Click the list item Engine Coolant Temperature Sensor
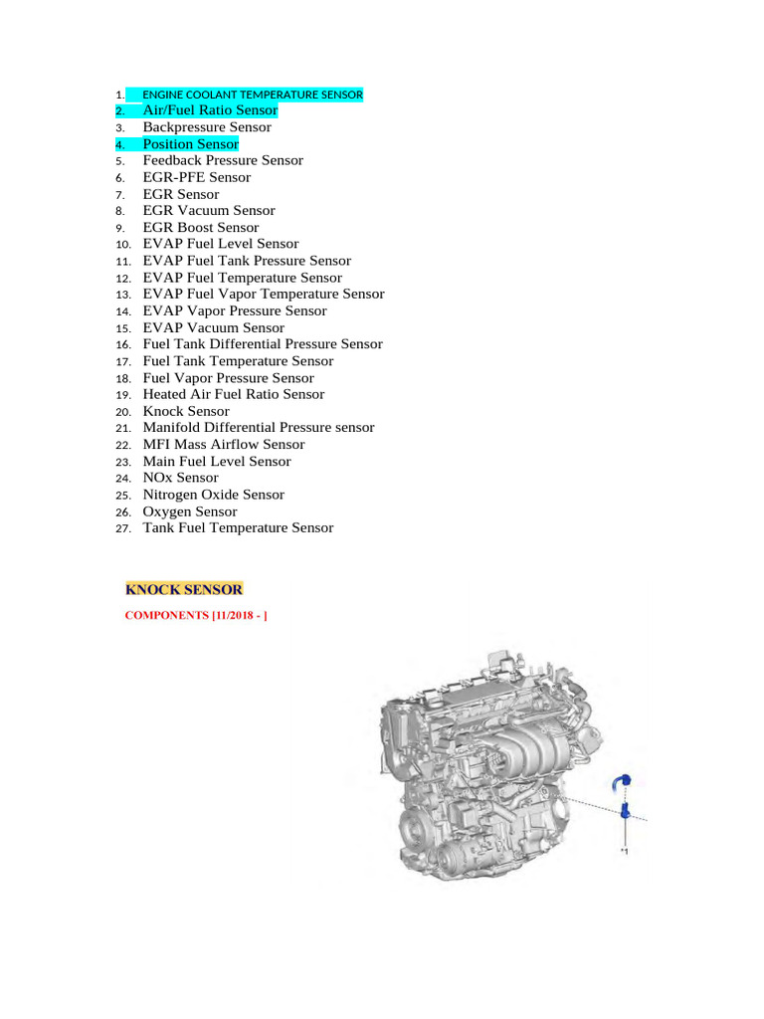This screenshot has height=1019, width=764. [x=253, y=95]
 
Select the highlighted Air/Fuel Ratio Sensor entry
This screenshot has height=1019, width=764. [x=210, y=110]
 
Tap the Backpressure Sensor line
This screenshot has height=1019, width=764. [x=207, y=127]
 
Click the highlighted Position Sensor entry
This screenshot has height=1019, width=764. [x=191, y=144]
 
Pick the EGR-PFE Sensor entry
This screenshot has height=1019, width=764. [x=197, y=177]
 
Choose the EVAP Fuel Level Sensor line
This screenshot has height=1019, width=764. [x=221, y=244]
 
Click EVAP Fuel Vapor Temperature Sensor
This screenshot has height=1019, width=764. [x=264, y=295]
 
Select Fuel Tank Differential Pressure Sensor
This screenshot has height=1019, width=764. [x=263, y=344]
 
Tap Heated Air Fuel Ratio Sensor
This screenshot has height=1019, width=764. [x=234, y=394]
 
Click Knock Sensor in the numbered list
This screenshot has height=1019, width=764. [x=186, y=411]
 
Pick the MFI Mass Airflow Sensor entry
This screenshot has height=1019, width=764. [x=224, y=445]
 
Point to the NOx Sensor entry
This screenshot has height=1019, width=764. [x=181, y=478]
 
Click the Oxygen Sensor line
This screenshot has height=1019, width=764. [x=190, y=511]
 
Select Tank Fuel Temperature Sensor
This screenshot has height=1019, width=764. [x=239, y=528]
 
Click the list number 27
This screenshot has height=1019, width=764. [x=123, y=529]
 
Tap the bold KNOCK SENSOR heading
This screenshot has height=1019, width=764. [x=183, y=590]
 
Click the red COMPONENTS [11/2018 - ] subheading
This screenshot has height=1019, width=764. [x=196, y=616]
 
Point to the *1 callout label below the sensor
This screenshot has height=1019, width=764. [x=625, y=852]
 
